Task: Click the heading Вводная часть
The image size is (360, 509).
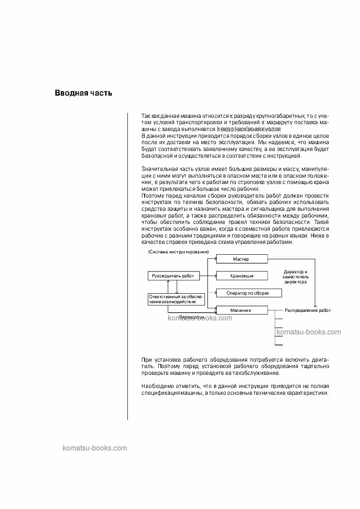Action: (83, 93)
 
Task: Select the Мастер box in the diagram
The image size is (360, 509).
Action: (242, 259)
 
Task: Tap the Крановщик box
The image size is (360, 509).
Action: (242, 276)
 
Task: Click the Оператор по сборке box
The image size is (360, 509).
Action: (248, 293)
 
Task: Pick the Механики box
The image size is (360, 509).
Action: (242, 310)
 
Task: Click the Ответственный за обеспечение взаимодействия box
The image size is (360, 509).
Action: (176, 299)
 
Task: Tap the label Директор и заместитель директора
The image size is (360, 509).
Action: (296, 276)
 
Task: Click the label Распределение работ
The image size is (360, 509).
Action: (307, 310)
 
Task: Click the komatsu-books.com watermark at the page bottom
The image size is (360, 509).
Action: (94, 448)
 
